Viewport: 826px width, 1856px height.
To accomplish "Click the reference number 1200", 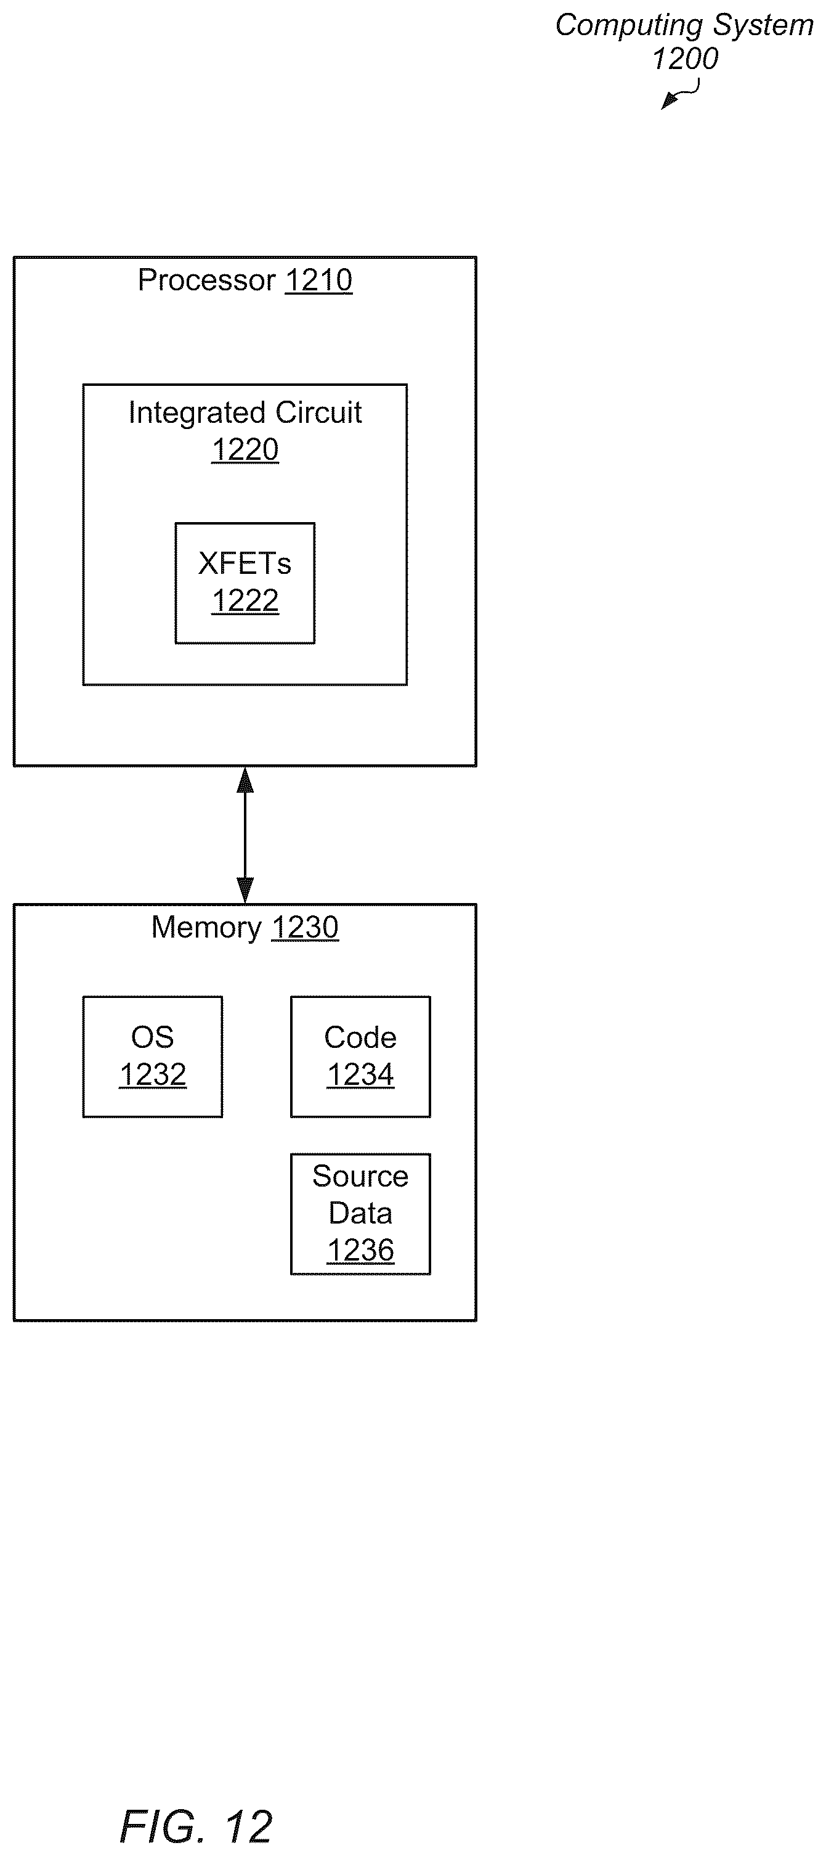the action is pos(685,59).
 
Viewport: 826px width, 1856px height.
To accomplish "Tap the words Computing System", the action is pos(684,25).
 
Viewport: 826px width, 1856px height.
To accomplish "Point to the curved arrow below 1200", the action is pos(680,93).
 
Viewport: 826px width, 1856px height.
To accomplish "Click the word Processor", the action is pos(207,280).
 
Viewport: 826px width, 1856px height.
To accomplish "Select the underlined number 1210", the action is pos(319,280).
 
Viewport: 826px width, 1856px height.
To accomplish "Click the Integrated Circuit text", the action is pos(245,412).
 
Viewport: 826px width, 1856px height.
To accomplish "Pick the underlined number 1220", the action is pos(245,449).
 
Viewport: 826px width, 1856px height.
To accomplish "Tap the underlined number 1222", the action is pos(245,601).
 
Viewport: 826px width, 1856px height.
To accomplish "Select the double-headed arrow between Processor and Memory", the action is pos(245,835).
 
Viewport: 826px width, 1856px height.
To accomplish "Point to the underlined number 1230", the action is pos(306,927).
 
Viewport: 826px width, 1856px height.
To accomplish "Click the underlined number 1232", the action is pos(153,1075).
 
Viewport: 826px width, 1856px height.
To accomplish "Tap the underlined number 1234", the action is pos(360,1075).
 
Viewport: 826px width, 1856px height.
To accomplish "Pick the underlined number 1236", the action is pos(360,1251).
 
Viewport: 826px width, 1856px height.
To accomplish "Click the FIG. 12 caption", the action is pos(196,1826).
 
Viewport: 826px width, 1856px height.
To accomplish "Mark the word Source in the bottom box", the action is pos(360,1176).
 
